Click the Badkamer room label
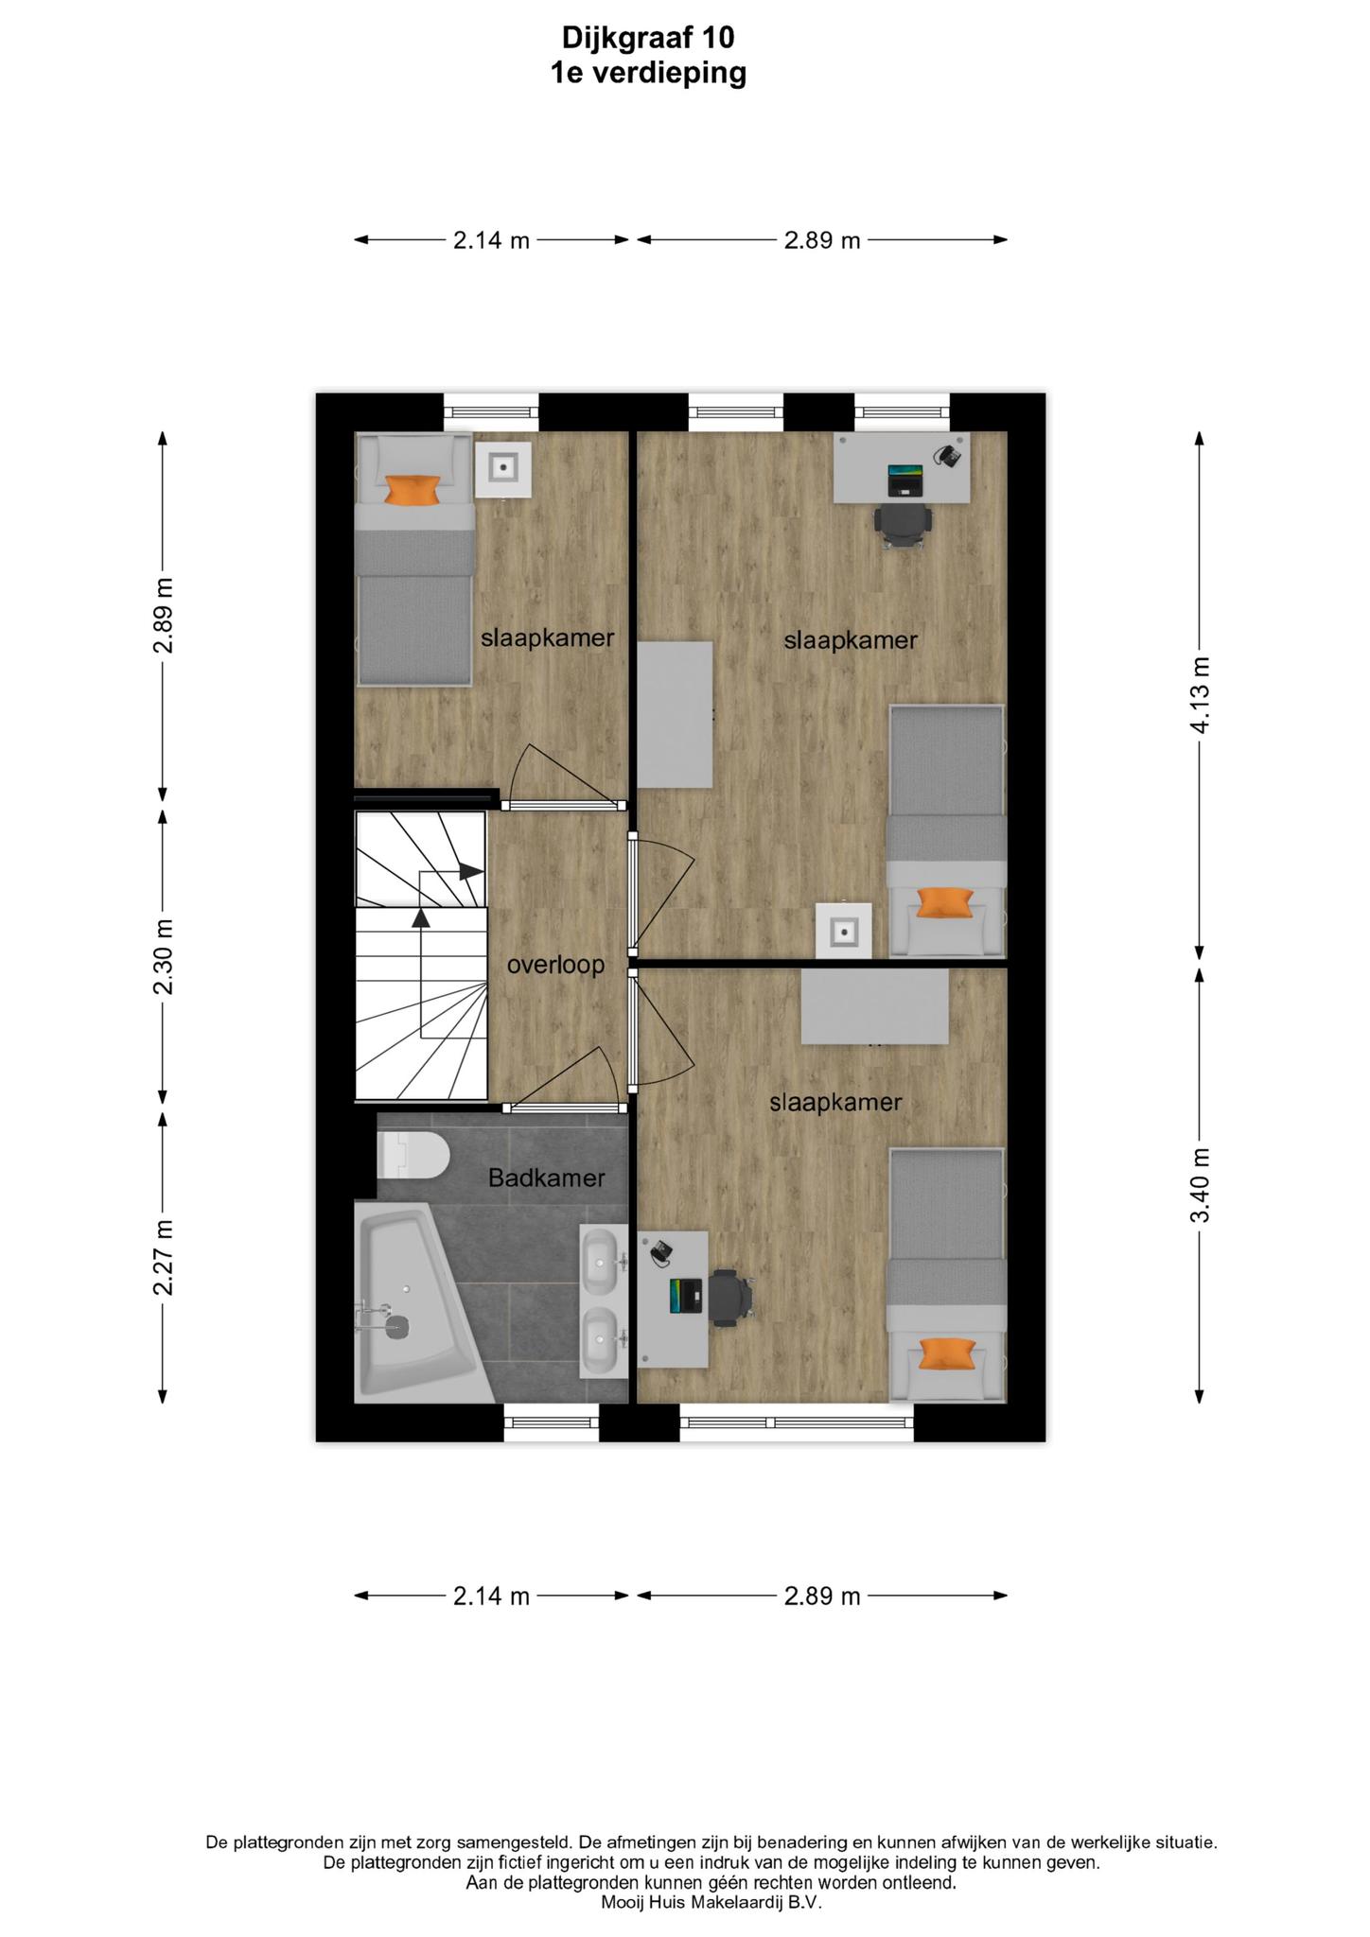click(546, 1178)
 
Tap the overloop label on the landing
click(555, 966)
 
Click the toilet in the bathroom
click(413, 1155)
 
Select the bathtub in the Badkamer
click(423, 1302)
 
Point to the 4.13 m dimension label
click(1200, 695)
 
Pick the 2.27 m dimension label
click(164, 1257)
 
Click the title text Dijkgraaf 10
click(648, 37)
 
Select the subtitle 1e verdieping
click(648, 73)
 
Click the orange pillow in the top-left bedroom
click(413, 490)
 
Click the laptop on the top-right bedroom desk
click(905, 480)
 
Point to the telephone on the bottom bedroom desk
click(661, 1251)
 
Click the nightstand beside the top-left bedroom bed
click(502, 467)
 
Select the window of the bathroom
click(552, 1422)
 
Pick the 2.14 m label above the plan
click(491, 240)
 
